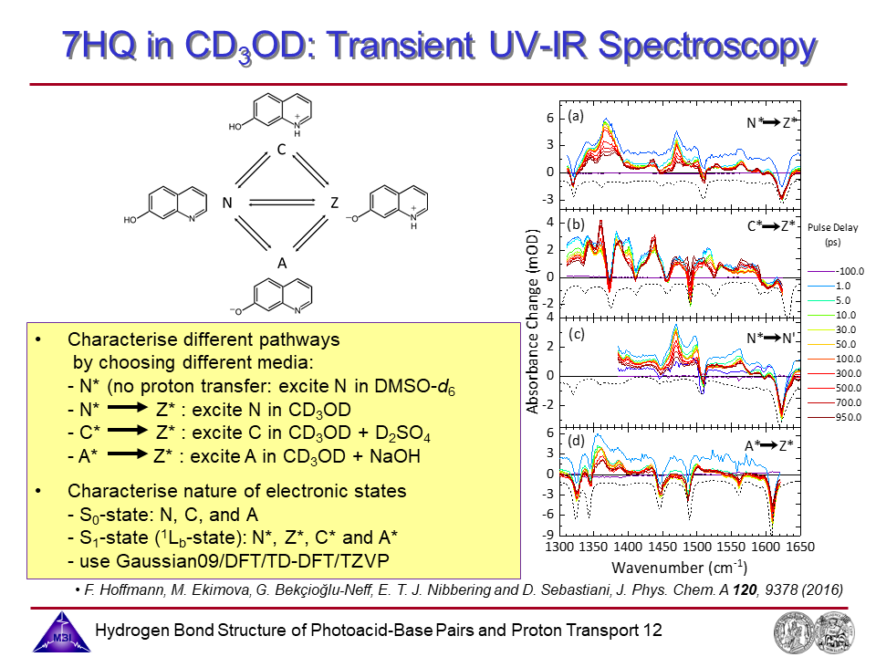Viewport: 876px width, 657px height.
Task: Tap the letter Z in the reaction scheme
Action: click(x=335, y=203)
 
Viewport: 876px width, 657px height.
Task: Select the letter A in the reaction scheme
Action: click(x=283, y=263)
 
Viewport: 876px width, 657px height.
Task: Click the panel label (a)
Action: click(x=576, y=117)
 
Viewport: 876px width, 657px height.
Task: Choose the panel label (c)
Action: click(x=576, y=334)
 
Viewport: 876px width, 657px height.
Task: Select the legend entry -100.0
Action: click(x=850, y=271)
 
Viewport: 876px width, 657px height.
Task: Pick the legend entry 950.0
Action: click(x=850, y=416)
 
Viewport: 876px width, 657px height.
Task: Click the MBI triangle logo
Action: click(x=57, y=631)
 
